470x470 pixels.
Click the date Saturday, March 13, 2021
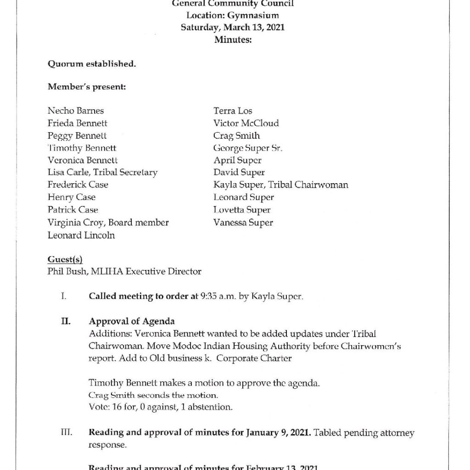pyautogui.click(x=233, y=27)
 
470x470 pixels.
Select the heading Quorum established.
pyautogui.click(x=92, y=64)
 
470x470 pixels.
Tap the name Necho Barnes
pyautogui.click(x=76, y=111)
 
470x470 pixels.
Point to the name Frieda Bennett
pyautogui.click(x=78, y=123)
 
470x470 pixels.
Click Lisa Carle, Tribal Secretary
pyautogui.click(x=102, y=173)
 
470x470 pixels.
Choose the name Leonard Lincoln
pyautogui.click(x=81, y=235)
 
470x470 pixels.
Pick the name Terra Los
pyautogui.click(x=233, y=111)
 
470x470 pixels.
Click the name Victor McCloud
pyautogui.click(x=246, y=123)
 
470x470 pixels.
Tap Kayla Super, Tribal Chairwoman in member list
pyautogui.click(x=280, y=185)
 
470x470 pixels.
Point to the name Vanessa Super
pyautogui.click(x=243, y=223)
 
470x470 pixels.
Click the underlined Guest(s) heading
pyautogui.click(x=65, y=260)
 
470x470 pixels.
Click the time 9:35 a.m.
pyautogui.click(x=217, y=297)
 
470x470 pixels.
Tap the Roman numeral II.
pyautogui.click(x=66, y=321)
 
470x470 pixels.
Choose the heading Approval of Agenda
pyautogui.click(x=131, y=321)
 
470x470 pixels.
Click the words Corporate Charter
pyautogui.click(x=254, y=358)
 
